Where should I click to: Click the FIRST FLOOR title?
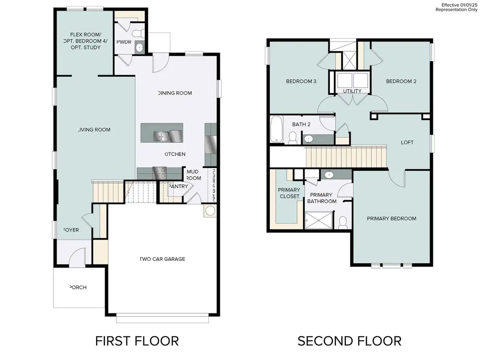(137, 341)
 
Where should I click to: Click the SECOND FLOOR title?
(349, 341)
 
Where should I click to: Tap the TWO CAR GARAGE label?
(162, 259)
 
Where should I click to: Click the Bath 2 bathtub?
(276, 129)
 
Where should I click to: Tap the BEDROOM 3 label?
(301, 81)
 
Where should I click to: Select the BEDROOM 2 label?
(401, 81)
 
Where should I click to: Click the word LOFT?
(407, 142)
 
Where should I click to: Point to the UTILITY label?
(352, 91)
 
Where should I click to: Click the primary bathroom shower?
(318, 220)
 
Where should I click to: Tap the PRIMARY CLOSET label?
(289, 193)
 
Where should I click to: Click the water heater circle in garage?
(210, 210)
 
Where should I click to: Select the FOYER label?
(71, 230)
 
